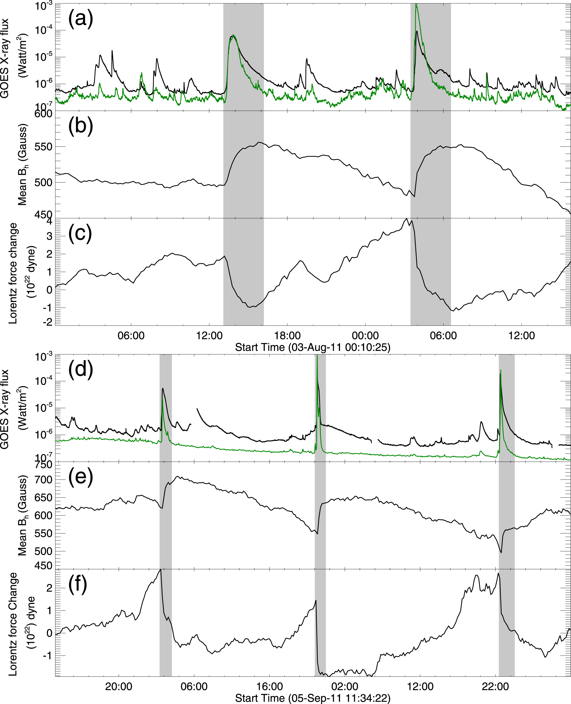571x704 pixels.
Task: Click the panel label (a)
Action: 80,19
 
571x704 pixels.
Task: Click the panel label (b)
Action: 80,126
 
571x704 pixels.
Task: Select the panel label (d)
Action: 80,370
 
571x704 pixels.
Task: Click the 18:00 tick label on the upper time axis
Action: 287,336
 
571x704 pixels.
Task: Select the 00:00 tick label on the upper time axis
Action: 365,336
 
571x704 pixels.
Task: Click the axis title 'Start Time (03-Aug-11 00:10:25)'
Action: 313,347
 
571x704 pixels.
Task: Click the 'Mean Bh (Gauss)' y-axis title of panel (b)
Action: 22,165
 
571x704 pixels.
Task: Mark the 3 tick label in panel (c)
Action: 49,236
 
